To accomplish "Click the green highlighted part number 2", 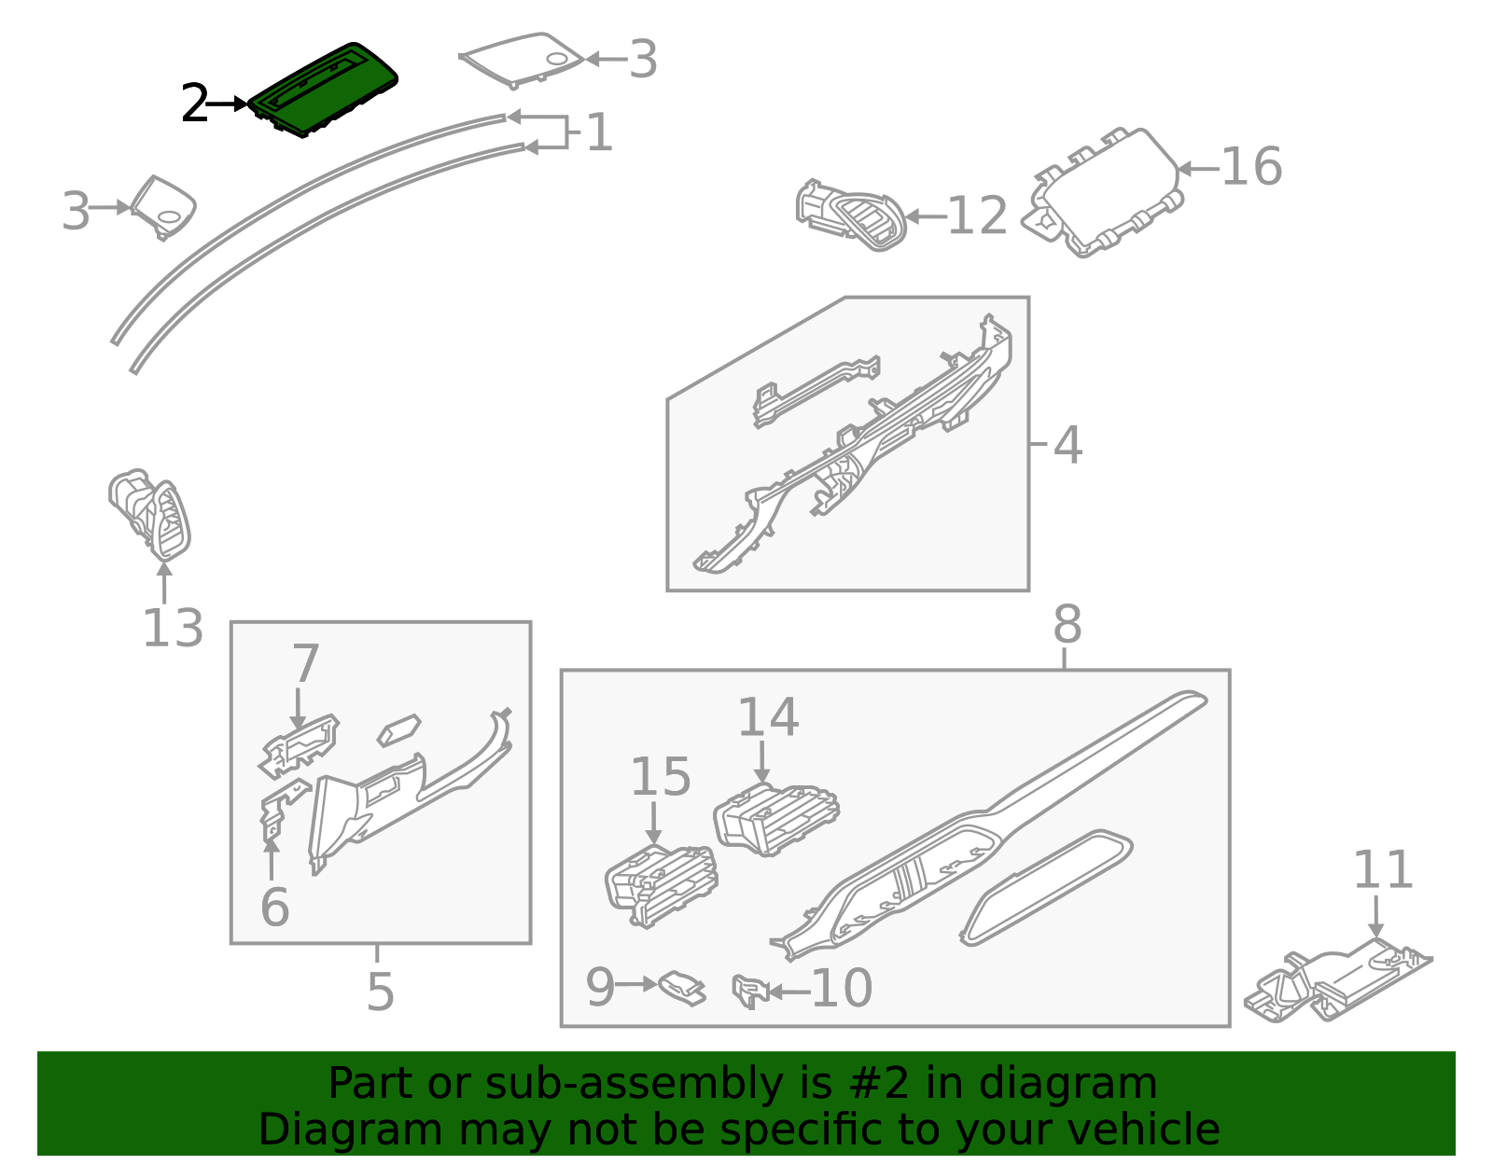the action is coord(323,90).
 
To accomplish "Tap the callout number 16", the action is coord(1251,167).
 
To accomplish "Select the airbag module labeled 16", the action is coord(1104,192).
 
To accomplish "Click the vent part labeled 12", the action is coord(851,215).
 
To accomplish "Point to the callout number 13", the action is coord(173,628).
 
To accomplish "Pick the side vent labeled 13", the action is coord(149,515).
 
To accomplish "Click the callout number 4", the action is coord(1067,446).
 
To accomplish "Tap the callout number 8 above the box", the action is coord(1067,625).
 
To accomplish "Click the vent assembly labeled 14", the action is coord(776,819).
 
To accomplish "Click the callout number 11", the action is coord(1382,870).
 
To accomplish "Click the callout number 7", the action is coord(306,663).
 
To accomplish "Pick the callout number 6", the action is coord(275,908).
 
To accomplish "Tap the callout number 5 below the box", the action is coord(380,992).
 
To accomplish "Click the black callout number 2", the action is coord(194,103).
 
